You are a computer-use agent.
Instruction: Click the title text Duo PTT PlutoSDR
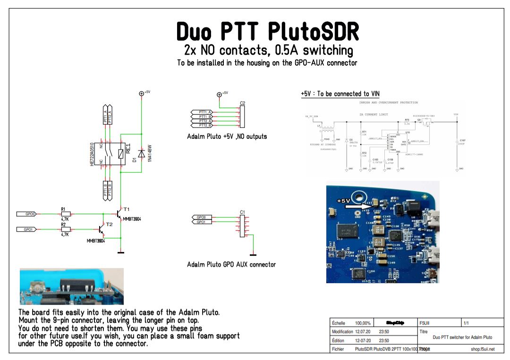point(267,32)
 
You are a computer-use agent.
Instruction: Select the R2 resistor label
point(64,225)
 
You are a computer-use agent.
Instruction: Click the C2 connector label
point(242,103)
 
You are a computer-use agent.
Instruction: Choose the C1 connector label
point(242,212)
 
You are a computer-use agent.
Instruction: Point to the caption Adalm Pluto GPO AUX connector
point(231,264)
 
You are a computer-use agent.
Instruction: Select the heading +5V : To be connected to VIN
point(340,94)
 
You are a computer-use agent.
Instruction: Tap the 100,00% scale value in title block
point(363,323)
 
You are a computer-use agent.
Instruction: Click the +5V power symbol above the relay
point(141,93)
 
